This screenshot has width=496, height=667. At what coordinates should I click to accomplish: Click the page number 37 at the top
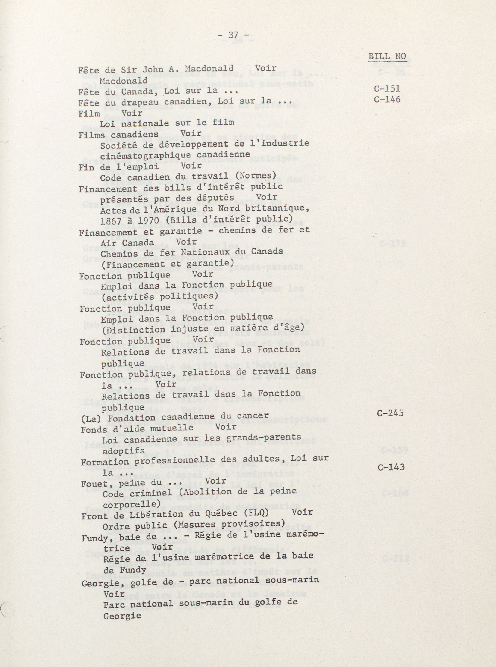tap(233, 35)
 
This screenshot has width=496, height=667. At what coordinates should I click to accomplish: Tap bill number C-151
tap(387, 89)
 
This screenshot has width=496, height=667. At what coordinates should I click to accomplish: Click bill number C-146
tap(387, 99)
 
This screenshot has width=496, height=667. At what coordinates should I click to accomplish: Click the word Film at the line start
tap(89, 114)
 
